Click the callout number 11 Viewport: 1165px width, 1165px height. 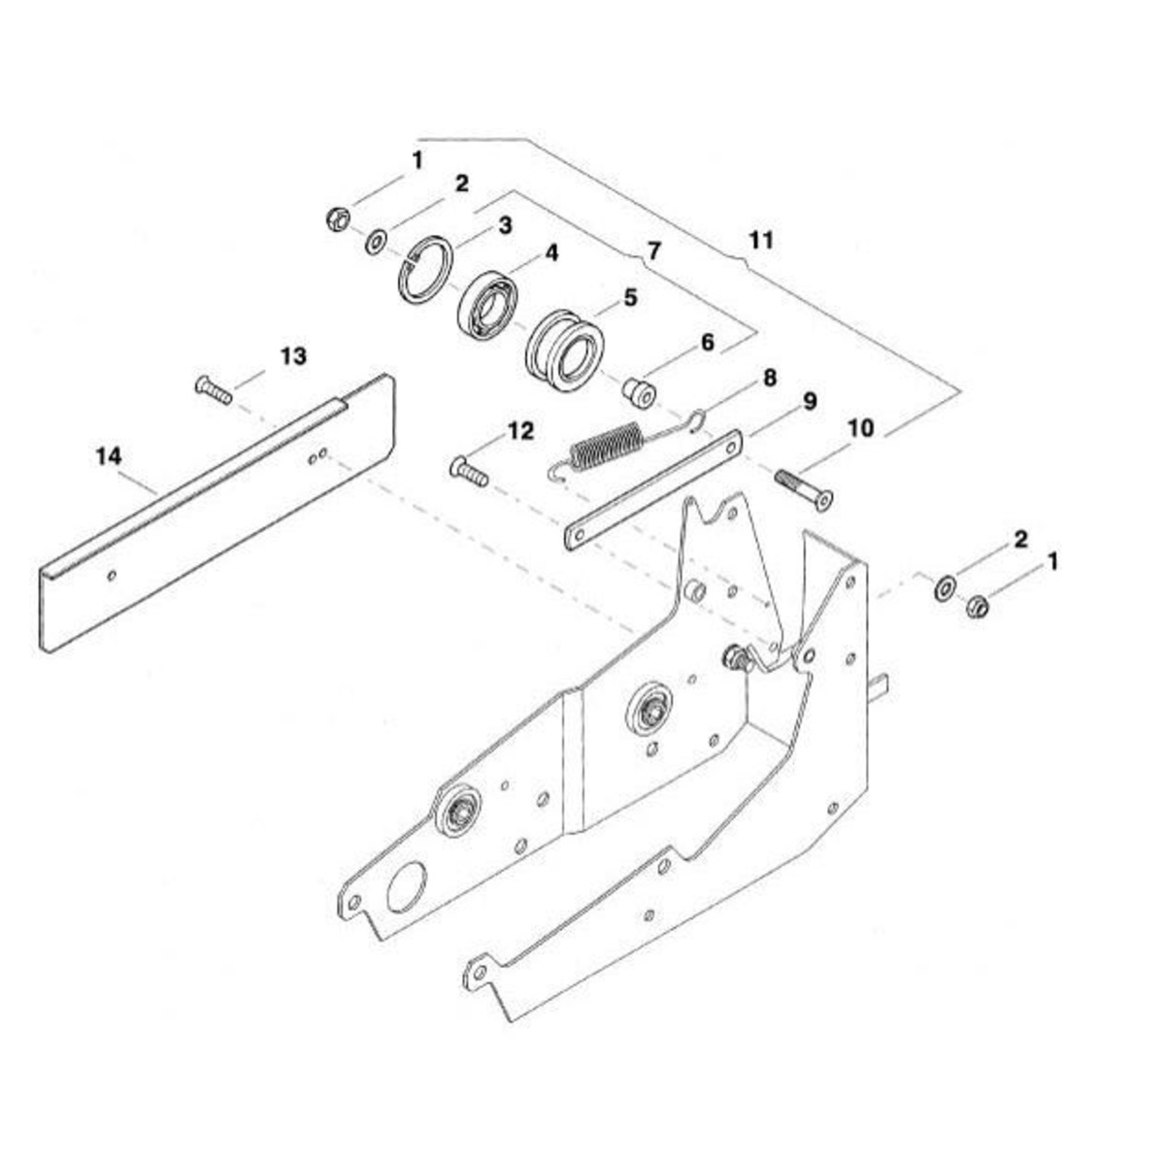pos(760,241)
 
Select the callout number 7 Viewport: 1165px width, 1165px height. pos(654,250)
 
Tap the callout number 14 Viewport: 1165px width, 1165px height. pos(109,456)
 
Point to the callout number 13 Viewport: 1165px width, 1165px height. pos(293,356)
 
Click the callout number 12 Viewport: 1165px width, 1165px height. pos(521,432)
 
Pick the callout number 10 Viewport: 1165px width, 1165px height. pos(861,428)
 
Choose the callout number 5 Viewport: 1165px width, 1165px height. pos(630,297)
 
